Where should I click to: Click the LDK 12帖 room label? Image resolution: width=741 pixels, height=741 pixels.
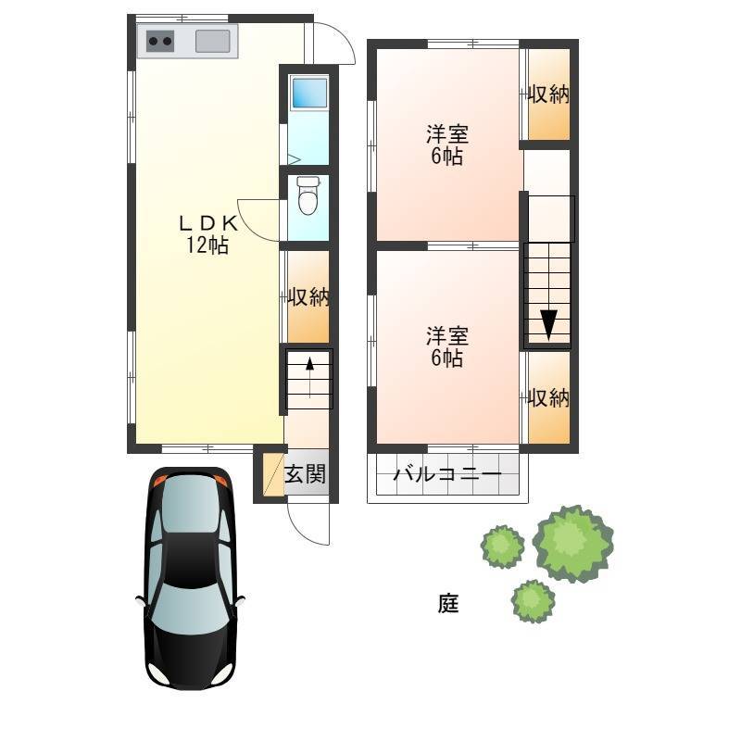click(x=207, y=234)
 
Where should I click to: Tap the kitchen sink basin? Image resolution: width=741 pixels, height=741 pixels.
click(x=213, y=41)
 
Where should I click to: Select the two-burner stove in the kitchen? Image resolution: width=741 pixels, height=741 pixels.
click(x=159, y=41)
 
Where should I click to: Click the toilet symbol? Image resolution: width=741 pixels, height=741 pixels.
click(x=308, y=195)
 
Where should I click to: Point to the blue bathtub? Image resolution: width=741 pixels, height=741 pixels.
click(x=309, y=93)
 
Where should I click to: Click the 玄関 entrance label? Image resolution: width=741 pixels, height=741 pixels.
click(x=306, y=474)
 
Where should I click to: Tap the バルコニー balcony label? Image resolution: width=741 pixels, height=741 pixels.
click(x=447, y=473)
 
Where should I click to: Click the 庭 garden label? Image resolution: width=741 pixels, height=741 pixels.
click(x=448, y=603)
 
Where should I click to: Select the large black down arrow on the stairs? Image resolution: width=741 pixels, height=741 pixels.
click(x=548, y=324)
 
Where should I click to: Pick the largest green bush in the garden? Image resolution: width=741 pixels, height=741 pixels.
click(x=572, y=544)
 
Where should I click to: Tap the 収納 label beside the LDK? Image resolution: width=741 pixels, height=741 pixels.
click(x=308, y=296)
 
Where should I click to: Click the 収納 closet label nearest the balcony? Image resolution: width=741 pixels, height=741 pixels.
click(x=548, y=397)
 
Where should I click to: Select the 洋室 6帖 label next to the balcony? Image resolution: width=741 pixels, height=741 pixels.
click(x=447, y=346)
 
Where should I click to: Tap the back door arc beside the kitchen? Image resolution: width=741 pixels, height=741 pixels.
click(x=341, y=37)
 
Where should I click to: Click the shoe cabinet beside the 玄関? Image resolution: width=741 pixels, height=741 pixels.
click(x=273, y=474)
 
